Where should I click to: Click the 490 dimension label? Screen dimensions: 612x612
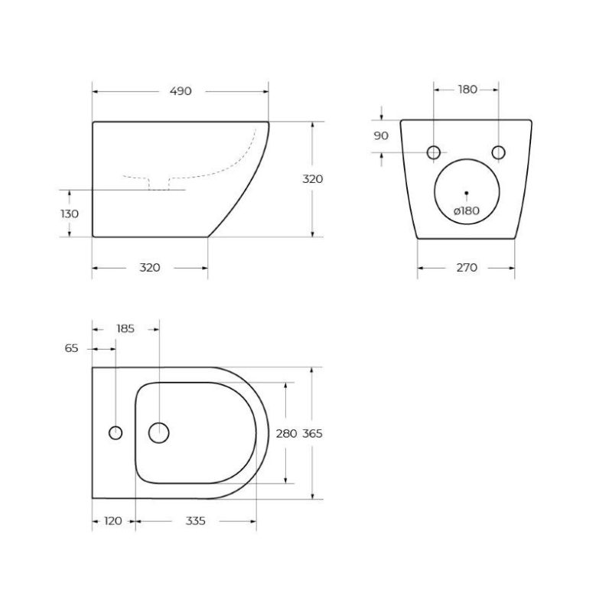coord(181,91)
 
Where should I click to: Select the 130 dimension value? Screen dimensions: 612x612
coord(70,213)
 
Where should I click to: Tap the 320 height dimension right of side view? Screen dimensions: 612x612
coord(312,179)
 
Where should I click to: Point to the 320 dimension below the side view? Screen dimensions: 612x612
coord(150,267)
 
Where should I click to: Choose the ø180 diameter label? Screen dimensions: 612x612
coord(466,210)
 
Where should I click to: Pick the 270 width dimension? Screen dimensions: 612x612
coord(467,267)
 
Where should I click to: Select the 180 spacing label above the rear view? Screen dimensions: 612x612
coord(467,90)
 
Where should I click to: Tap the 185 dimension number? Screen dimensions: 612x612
coord(125,329)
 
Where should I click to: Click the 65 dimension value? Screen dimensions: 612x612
coord(71,348)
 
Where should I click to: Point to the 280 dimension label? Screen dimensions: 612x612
coord(286,433)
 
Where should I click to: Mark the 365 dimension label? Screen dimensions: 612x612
coord(312,433)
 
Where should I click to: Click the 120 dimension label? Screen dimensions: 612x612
coord(112,521)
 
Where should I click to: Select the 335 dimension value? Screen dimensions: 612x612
coord(196,521)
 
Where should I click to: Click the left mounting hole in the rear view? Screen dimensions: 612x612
coord(434,152)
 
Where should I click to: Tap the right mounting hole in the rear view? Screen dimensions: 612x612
coord(499,152)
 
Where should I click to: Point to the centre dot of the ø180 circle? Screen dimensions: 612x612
coord(466,192)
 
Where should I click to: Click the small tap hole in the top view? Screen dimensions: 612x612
coord(116,433)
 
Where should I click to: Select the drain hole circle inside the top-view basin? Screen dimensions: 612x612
coord(159,433)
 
